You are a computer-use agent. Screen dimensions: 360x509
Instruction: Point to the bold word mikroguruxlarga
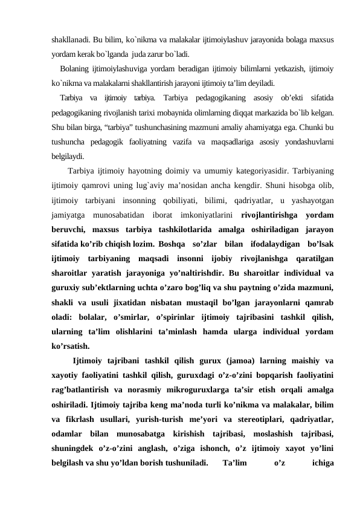point(207,393)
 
